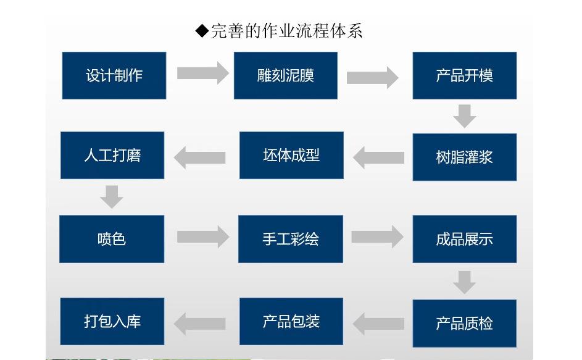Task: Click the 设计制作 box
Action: pos(114,75)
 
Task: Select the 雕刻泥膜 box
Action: pos(285,75)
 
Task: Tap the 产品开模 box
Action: pos(464,75)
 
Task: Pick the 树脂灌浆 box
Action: pos(464,157)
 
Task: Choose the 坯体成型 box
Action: pos(291,155)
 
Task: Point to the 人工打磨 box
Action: pos(112,155)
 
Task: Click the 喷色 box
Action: pos(112,238)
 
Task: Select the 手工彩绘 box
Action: pos(291,238)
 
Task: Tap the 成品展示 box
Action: pos(464,238)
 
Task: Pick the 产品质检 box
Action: pos(464,323)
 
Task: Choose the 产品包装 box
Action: pos(291,321)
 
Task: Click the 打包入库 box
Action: pos(112,321)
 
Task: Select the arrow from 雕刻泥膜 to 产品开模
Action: pos(372,77)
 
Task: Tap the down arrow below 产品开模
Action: pos(464,115)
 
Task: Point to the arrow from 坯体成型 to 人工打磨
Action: pos(199,157)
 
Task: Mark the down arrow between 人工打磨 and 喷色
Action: pos(112,196)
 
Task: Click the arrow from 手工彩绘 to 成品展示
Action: pos(377,237)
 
